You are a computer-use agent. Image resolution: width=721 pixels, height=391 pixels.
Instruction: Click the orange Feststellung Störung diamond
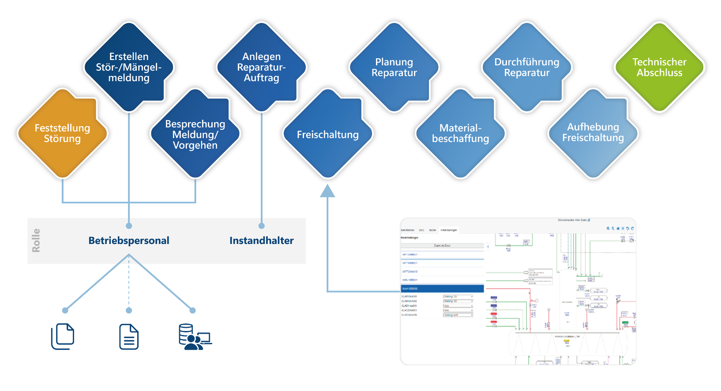coord(62,133)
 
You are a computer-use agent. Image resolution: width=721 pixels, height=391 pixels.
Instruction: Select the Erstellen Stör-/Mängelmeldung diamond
coord(129,67)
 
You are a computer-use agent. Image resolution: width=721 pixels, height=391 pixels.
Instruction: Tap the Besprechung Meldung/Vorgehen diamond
coord(195,134)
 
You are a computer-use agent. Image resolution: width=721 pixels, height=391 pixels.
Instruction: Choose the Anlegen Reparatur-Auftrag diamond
coord(261,67)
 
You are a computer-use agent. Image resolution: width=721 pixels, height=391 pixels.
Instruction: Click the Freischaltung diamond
coord(327,134)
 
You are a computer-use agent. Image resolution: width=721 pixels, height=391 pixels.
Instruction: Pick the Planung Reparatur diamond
coord(394,67)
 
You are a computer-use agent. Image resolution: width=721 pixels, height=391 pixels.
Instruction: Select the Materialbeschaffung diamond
coord(460,133)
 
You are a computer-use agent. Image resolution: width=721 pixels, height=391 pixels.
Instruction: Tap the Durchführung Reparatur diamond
coord(527,67)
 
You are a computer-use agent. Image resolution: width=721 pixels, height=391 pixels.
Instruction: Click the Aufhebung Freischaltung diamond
coord(593,132)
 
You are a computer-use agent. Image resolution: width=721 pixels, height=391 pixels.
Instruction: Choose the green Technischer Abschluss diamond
coord(659,67)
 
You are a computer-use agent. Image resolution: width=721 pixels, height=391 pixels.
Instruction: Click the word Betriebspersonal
coord(129,241)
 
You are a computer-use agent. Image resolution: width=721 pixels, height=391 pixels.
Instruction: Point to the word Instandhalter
coord(261,241)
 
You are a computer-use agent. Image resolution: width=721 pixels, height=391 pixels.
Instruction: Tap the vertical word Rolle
coord(36,241)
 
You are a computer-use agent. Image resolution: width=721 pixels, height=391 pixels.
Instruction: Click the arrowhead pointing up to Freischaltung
coord(327,191)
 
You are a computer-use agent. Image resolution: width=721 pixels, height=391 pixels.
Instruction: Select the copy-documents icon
coord(63,336)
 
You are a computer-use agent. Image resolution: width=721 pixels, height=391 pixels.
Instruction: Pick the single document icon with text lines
coord(129,337)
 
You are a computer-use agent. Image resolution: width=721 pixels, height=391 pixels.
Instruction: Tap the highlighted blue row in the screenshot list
coord(442,289)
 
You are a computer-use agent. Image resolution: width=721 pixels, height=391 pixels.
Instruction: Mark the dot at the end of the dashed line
coord(129,311)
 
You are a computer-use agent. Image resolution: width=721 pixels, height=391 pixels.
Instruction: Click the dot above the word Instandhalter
coord(262,226)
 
